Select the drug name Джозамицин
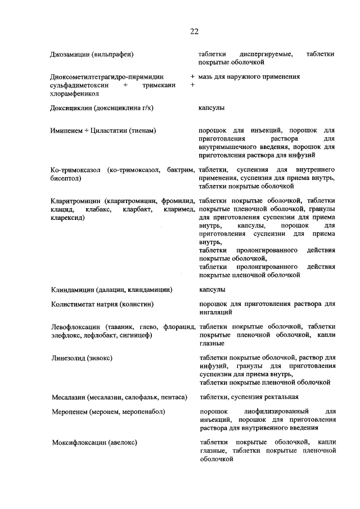(x=67, y=54)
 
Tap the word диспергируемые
(x=265, y=54)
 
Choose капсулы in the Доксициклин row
(x=212, y=107)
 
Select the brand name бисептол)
(x=66, y=178)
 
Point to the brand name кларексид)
(x=67, y=217)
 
